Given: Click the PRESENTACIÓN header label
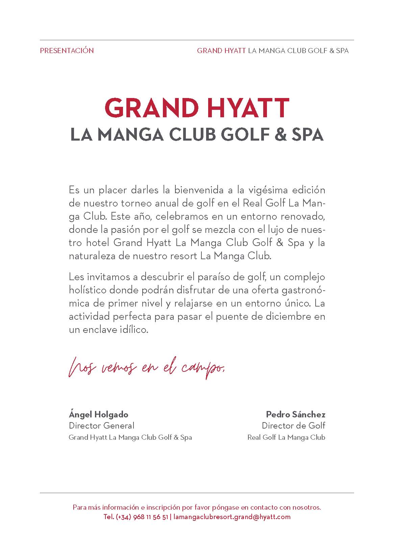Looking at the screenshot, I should [67, 51].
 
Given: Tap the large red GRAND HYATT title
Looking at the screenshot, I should [197, 108].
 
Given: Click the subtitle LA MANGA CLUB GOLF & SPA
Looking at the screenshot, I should [197, 135].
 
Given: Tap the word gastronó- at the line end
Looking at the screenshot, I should [303, 290].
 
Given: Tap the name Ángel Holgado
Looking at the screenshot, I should [99, 414].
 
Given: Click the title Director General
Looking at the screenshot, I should [102, 426].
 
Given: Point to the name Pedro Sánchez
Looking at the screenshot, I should [295, 414].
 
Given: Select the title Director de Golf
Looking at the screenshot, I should [293, 426].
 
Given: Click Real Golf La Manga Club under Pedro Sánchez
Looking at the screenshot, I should [286, 437].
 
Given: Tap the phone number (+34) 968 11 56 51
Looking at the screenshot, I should [142, 517].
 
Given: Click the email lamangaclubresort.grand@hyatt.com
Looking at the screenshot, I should [232, 517].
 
